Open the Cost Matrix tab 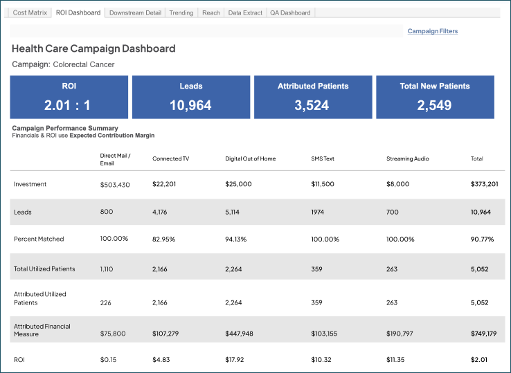(x=29, y=12)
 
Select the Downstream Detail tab (x=135, y=12)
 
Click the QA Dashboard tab (x=291, y=12)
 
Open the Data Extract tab (x=246, y=12)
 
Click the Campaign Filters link (x=432, y=31)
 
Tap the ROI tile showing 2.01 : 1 (x=69, y=98)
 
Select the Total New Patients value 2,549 (x=434, y=106)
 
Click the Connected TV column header (x=170, y=158)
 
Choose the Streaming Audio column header (x=407, y=158)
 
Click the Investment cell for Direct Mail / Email (x=115, y=185)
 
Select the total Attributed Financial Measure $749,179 (x=484, y=334)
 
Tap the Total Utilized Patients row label (x=44, y=268)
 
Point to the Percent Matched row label (x=39, y=239)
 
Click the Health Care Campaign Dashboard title (x=93, y=49)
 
